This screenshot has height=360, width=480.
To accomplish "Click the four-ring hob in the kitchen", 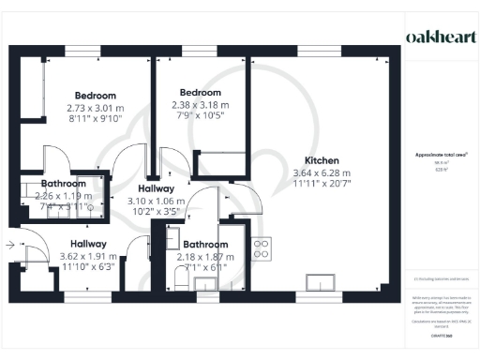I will tap(263, 249).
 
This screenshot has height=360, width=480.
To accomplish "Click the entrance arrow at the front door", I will tap(9, 246).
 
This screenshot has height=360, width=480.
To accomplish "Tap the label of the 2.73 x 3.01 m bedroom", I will tap(96, 96).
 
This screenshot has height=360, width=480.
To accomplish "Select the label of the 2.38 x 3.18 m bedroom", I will tap(201, 93).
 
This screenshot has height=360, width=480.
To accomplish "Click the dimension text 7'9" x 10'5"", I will tap(201, 115).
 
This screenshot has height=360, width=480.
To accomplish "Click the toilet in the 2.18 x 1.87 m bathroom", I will tap(184, 275).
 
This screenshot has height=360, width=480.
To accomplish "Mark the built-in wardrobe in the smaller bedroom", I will tap(220, 160).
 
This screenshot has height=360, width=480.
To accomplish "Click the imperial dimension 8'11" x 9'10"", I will tap(96, 119).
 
